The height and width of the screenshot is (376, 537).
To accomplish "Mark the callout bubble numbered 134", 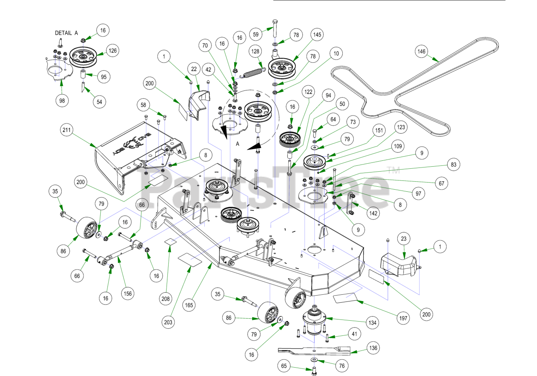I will [x=372, y=323].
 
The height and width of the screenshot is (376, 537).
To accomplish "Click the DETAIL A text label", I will [x=66, y=33].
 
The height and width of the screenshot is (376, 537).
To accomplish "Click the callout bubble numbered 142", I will [x=373, y=214].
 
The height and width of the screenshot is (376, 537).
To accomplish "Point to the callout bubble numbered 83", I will [x=453, y=165].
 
